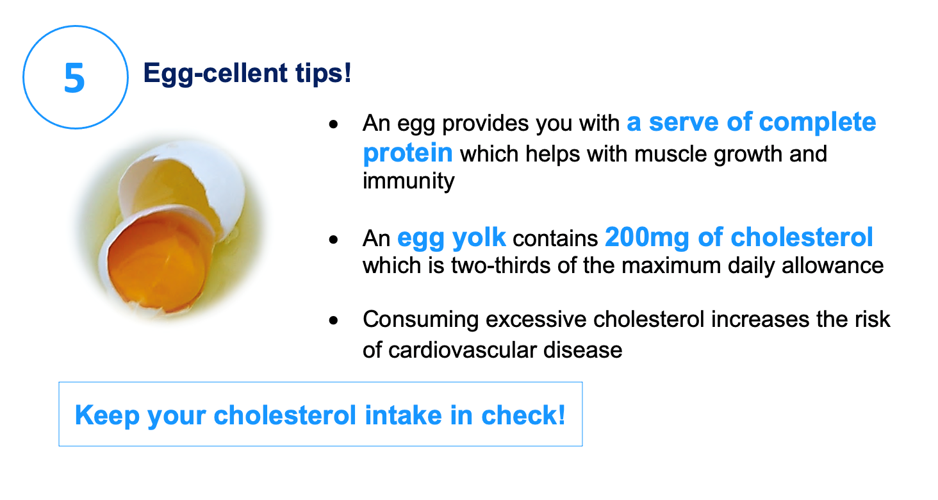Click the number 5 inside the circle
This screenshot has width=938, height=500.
[74, 78]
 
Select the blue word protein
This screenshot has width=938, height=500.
[407, 153]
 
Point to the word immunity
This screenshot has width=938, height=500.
[408, 181]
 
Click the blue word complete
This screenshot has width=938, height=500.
[817, 122]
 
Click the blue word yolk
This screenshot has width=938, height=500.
[479, 238]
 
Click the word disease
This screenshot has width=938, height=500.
[582, 351]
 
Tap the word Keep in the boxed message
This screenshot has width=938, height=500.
[107, 416]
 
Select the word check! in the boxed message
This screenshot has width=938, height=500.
[523, 415]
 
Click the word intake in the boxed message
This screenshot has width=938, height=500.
[403, 415]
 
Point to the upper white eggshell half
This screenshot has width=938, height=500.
[185, 185]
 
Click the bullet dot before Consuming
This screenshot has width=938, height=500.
[333, 321]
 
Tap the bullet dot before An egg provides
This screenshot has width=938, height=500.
[333, 124]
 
